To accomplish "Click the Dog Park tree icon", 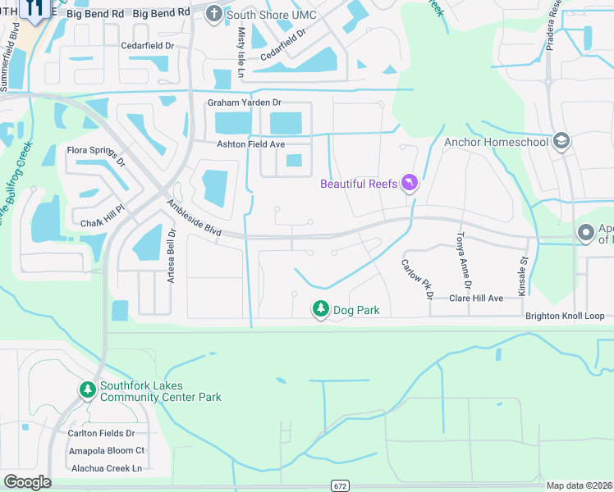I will [x=319, y=309].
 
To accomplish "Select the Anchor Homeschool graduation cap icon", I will [x=561, y=141].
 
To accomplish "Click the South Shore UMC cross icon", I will [x=213, y=13].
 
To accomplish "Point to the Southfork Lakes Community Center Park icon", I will [x=88, y=390].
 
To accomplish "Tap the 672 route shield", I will [x=340, y=486].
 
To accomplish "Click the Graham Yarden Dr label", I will [x=244, y=102].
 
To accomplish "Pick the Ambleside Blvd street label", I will [x=195, y=220].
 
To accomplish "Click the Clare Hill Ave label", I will [x=475, y=298].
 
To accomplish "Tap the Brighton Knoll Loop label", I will [x=565, y=316].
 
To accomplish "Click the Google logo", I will [x=26, y=482].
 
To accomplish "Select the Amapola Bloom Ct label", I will [x=107, y=450].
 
